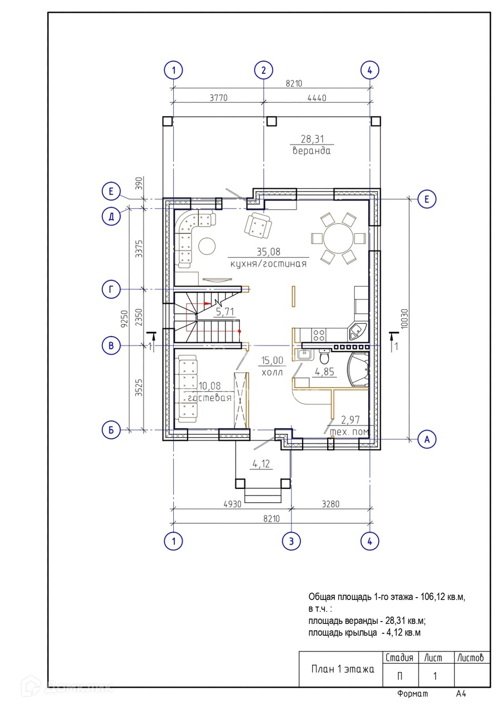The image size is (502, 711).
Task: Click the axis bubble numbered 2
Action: [263, 70]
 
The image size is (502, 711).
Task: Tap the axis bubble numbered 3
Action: [291, 541]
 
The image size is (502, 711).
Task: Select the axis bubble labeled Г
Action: [111, 289]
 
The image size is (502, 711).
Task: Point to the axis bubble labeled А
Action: [427, 439]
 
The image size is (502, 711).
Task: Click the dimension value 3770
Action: [219, 98]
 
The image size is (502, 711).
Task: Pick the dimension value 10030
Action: [404, 318]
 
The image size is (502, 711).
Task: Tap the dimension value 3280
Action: [330, 504]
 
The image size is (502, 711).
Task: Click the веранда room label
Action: [312, 151]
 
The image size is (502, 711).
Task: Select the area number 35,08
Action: [269, 252]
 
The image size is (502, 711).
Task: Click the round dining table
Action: [338, 238]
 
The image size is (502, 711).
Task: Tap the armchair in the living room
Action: [258, 225]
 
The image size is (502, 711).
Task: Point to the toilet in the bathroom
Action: [324, 357]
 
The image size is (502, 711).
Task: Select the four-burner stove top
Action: [319, 335]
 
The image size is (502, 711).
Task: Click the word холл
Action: [272, 373]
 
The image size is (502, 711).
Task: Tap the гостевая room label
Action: [210, 398]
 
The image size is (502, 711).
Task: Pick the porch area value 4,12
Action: [261, 464]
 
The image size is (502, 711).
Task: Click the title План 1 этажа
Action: [343, 669]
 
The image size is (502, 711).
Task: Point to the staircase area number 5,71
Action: [225, 312]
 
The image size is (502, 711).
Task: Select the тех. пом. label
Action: [350, 432]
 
